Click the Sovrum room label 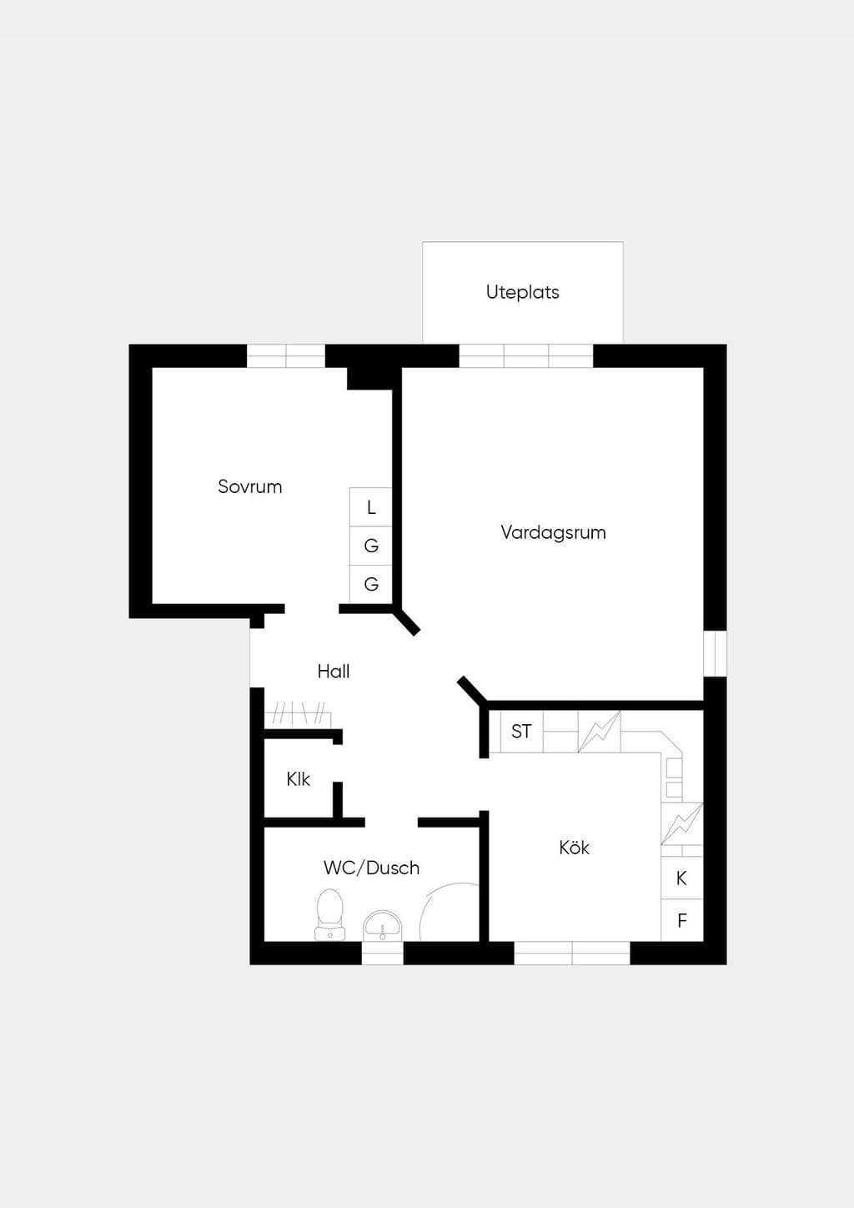[x=249, y=486]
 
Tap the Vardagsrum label [x=553, y=532]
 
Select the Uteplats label [x=522, y=292]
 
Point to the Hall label [x=334, y=671]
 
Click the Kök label [x=574, y=848]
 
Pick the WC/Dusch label [x=371, y=868]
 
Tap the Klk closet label [x=298, y=778]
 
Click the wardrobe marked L [x=370, y=507]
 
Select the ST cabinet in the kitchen [x=521, y=732]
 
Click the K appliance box [x=681, y=878]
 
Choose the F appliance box [x=681, y=920]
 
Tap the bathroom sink [x=382, y=926]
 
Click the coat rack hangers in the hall [x=298, y=713]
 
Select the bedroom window [x=286, y=356]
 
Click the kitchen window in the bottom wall [x=571, y=953]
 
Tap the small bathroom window [x=382, y=953]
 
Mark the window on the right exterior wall [x=715, y=653]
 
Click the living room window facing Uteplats [x=526, y=356]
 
